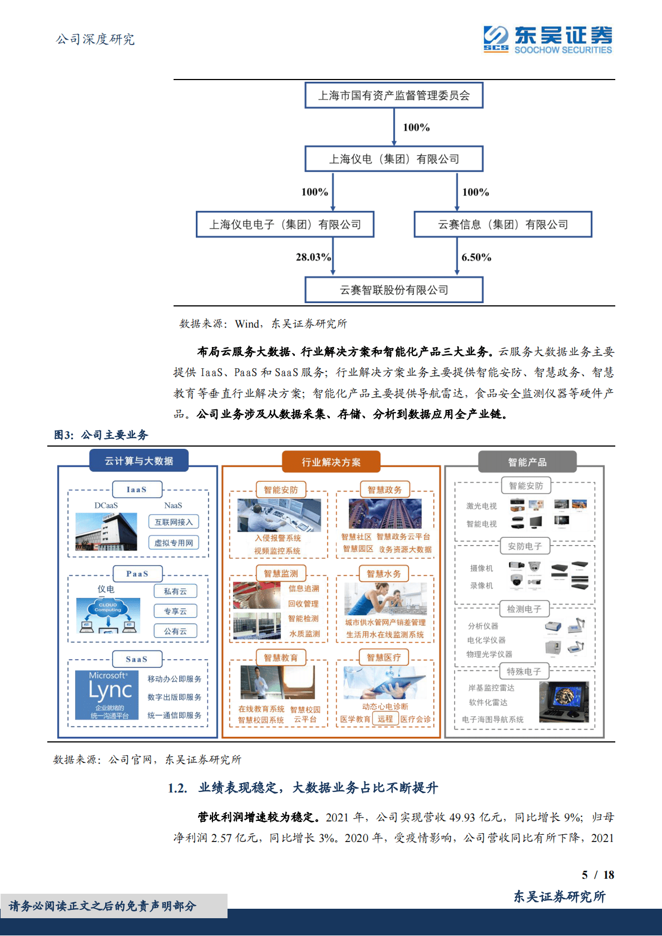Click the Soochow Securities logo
coord(547,39)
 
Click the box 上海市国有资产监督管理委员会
coord(394,96)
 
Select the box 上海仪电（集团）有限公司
coord(394,159)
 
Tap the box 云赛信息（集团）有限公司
coord(503,225)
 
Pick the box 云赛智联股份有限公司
coord(394,290)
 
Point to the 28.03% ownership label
coord(313,257)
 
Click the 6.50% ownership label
coord(476,257)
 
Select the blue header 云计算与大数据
coord(139,461)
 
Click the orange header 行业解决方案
coord(331,462)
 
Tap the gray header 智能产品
coord(527,462)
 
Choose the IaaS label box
coord(137,489)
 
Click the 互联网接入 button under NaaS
coord(174,522)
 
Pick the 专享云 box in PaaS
coord(175,611)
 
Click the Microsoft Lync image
coord(110,695)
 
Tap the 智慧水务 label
coord(384,573)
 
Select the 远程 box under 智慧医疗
coord(385,719)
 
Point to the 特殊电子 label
coord(524,671)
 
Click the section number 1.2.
coord(177,788)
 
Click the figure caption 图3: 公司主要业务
coord(101,435)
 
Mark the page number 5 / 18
coord(598,875)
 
